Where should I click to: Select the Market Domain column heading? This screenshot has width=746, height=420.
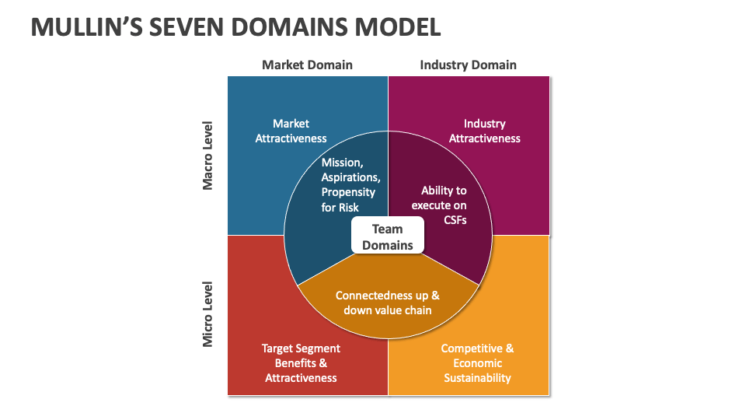(307, 65)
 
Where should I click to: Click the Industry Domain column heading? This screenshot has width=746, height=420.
(468, 65)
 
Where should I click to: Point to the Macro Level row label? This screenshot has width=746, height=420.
(207, 155)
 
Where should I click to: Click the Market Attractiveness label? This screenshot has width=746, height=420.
(291, 131)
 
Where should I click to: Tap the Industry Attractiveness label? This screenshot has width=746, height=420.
(484, 131)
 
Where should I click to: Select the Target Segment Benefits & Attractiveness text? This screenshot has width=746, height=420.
(301, 362)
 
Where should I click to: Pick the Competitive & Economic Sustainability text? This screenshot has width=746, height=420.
(477, 362)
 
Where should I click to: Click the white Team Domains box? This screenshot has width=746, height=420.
(388, 236)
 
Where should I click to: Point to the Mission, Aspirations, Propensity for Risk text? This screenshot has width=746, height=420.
(348, 185)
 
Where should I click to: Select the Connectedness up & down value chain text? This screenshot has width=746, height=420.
(388, 303)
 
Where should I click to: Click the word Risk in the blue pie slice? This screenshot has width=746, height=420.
(348, 207)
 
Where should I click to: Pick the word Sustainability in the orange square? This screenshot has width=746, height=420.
(477, 378)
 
